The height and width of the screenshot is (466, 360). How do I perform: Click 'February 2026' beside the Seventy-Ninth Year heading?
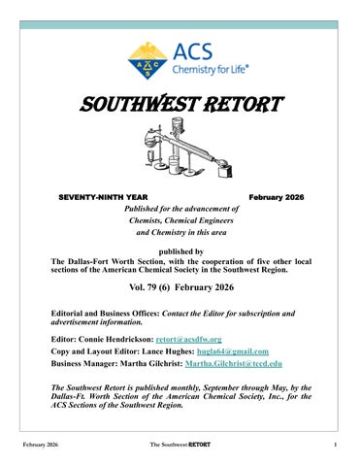[276, 197]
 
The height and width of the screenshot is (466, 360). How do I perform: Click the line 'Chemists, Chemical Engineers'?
[180, 220]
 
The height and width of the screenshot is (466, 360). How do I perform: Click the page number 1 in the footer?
[333, 446]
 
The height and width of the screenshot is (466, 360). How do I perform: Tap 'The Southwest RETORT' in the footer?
[180, 446]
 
